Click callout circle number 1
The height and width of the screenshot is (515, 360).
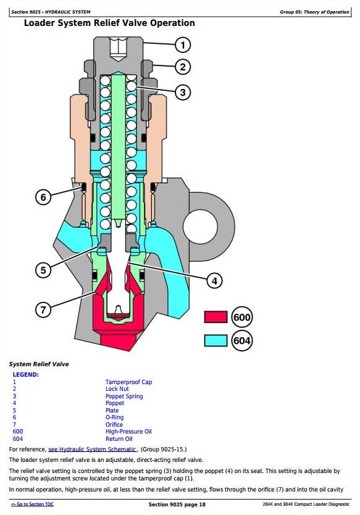pos(183,45)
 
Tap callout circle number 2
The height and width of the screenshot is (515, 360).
pos(183,67)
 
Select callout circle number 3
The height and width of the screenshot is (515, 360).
pos(183,92)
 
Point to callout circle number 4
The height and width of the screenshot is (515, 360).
pos(214,281)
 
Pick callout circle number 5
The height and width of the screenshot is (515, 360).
pos(43,270)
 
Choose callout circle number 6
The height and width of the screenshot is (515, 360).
pos(43,198)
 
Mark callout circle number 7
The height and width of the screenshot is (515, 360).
pos(43,309)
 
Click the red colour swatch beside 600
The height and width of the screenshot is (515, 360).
pos(216,317)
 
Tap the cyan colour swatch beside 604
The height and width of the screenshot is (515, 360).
pos(216,340)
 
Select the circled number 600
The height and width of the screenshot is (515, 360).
pos(242,317)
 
